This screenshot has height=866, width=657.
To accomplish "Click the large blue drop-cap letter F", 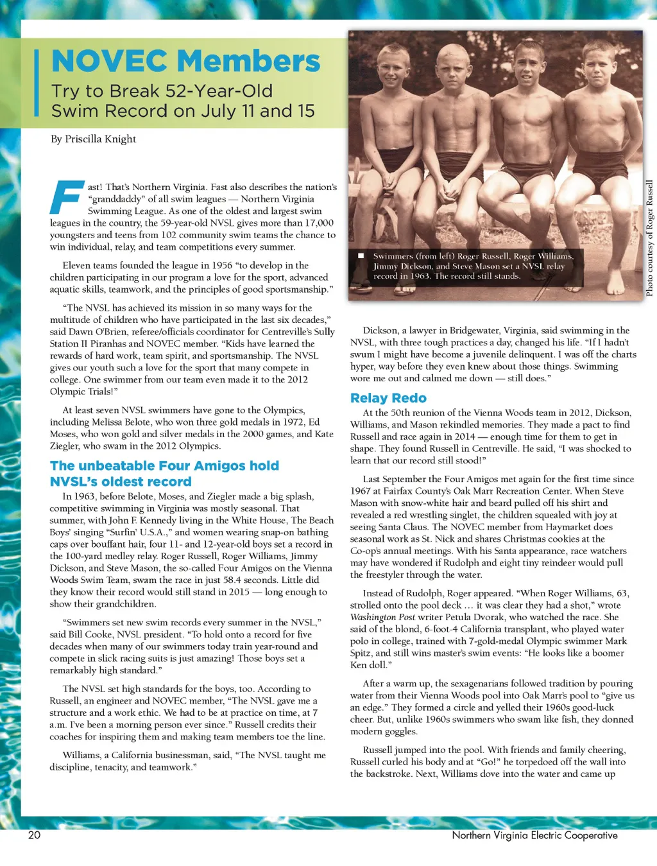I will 66,197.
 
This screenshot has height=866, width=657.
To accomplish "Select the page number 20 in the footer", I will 34,835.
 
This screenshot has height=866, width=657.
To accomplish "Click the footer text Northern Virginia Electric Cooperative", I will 534,835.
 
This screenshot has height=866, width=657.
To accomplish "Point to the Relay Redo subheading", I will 388,398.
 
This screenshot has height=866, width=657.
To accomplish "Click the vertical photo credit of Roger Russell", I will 649,238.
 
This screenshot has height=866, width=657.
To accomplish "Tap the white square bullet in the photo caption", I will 361,256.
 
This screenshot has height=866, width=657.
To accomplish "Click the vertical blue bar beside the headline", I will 37,83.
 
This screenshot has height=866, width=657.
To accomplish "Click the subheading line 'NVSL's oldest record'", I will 121,481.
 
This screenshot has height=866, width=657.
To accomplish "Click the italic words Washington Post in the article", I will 373,617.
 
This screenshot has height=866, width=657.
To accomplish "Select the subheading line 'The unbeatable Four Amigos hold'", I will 164,465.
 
